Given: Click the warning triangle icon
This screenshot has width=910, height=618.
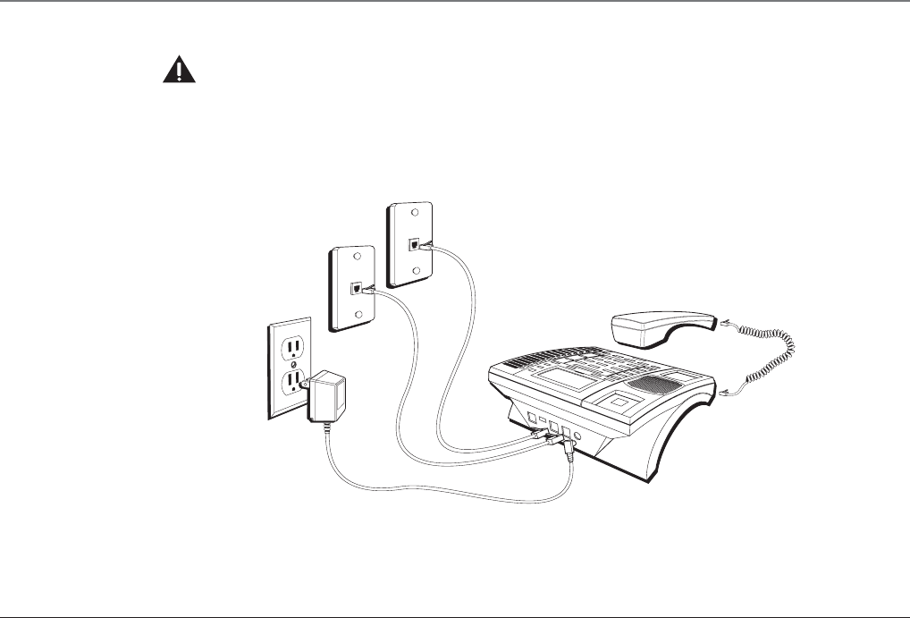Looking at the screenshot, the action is (179, 72).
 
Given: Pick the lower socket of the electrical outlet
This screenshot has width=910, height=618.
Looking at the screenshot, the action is (291, 383).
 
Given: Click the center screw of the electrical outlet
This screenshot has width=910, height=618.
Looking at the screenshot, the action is (293, 364).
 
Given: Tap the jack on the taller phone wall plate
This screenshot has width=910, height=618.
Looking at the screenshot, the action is (413, 243).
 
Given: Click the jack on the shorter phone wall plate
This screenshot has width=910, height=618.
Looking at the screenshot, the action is (358, 289).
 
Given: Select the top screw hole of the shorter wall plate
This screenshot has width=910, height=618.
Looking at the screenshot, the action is (357, 257).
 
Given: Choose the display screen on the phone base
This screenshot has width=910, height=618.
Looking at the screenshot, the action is (564, 381).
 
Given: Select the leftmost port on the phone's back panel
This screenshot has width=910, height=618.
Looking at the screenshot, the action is (533, 418).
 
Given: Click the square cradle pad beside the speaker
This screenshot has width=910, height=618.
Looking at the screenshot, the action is (617, 400).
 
